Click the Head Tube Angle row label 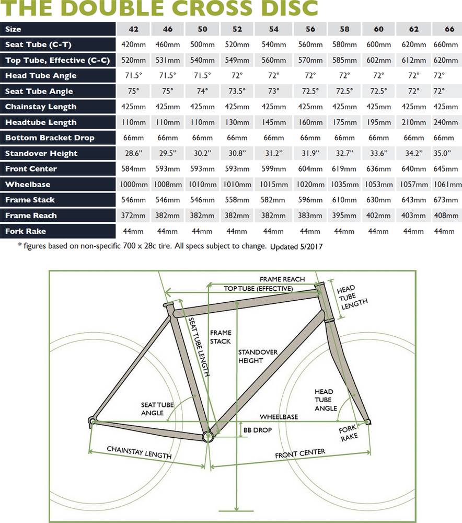[41, 75]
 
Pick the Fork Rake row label [26, 231]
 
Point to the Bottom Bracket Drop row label [50, 138]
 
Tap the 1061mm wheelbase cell [447, 184]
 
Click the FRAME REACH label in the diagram [282, 279]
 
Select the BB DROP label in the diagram [257, 430]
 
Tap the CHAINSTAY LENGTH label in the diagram [139, 452]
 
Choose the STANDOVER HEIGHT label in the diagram [250, 356]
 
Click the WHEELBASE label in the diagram [279, 417]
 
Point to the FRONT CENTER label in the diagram [300, 454]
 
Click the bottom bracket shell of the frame [208, 435]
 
